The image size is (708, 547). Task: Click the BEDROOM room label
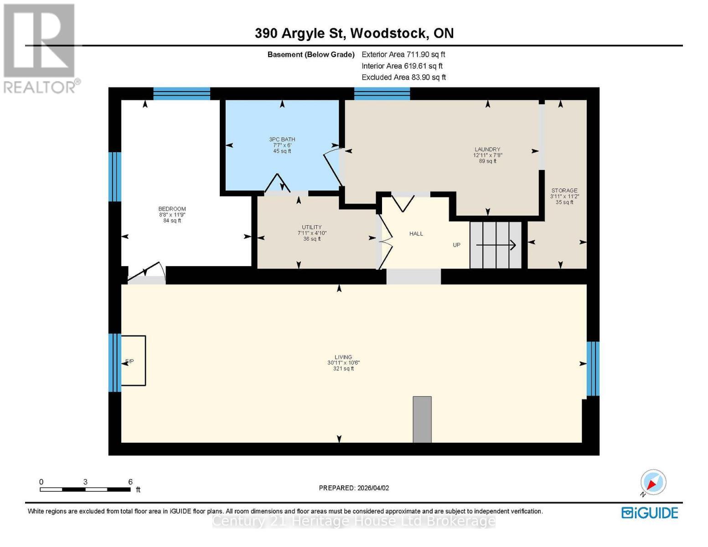point(172,209)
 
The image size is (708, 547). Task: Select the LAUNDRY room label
point(487,150)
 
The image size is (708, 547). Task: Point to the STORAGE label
point(564,191)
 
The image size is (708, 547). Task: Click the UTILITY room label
point(312,227)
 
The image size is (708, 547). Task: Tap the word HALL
point(416,234)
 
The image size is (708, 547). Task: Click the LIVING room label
point(343,357)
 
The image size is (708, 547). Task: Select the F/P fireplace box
point(133,361)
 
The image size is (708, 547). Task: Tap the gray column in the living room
point(422,419)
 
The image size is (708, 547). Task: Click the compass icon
point(653,482)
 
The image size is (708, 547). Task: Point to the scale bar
point(85,490)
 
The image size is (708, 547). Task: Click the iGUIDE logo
point(650,513)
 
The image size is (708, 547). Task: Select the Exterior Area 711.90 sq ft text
point(403,54)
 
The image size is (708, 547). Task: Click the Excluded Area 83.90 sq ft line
point(403,77)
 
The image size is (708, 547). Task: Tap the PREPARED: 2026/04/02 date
point(354,488)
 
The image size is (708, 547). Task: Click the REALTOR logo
point(40,48)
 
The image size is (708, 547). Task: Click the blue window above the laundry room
point(382,93)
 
